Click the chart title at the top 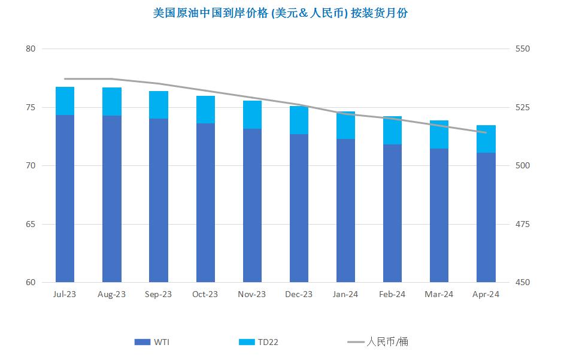[280, 13]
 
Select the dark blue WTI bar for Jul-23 [65, 198]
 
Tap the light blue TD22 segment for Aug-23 [112, 101]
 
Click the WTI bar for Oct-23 [205, 202]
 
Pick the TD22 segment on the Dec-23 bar [299, 120]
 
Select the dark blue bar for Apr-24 [486, 217]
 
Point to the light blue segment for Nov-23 [252, 114]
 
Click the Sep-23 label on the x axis [159, 294]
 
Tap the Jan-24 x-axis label [345, 294]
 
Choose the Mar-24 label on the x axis [439, 294]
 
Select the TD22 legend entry [258, 342]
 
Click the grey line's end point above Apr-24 [486, 132]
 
